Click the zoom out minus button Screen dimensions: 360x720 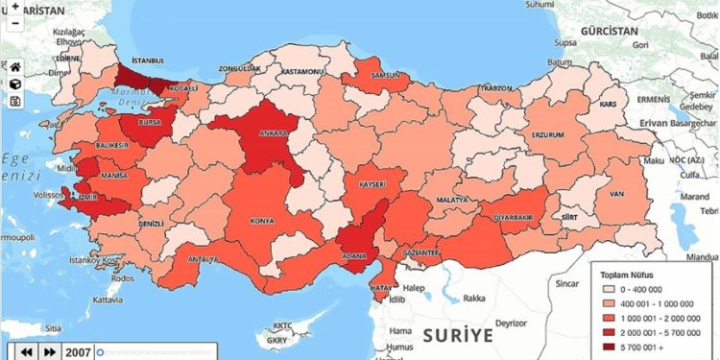pos(15,24)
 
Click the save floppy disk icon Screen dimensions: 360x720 pos(15,101)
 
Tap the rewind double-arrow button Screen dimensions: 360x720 pos(26,352)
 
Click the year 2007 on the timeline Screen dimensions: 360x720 pos(79,352)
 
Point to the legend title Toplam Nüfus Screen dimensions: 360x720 pos(627,272)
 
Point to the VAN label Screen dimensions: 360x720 pos(632,192)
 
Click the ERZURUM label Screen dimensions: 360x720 pos(546,134)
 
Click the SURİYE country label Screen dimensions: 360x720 pos(457,335)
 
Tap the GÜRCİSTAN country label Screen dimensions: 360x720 pos(605,32)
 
